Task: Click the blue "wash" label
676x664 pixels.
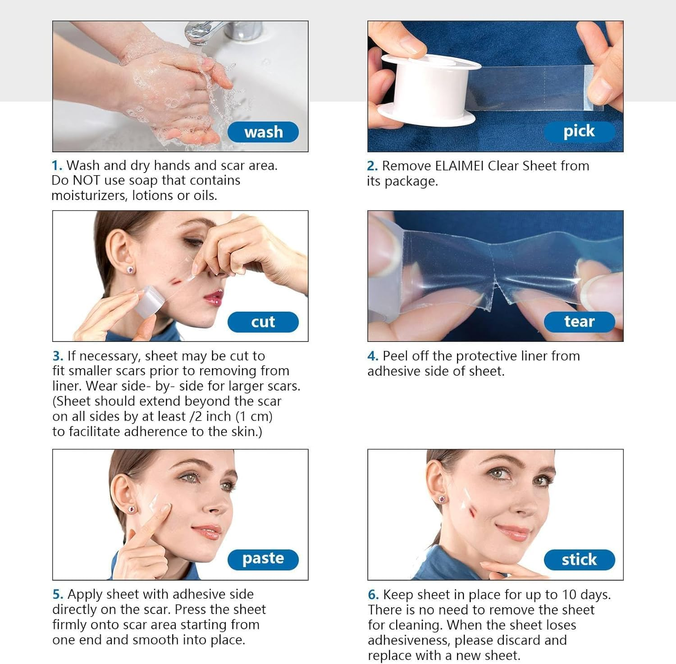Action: point(263,132)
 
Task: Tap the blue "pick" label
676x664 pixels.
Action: point(579,131)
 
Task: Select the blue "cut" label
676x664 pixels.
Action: point(263,322)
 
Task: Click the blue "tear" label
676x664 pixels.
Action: point(579,322)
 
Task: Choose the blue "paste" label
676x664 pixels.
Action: point(263,559)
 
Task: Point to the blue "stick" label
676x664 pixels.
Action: point(579,559)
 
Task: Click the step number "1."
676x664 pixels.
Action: point(57,166)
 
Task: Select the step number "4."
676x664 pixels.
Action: point(373,356)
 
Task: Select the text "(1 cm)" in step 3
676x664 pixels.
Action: point(254,416)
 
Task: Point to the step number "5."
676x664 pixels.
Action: point(58,595)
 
